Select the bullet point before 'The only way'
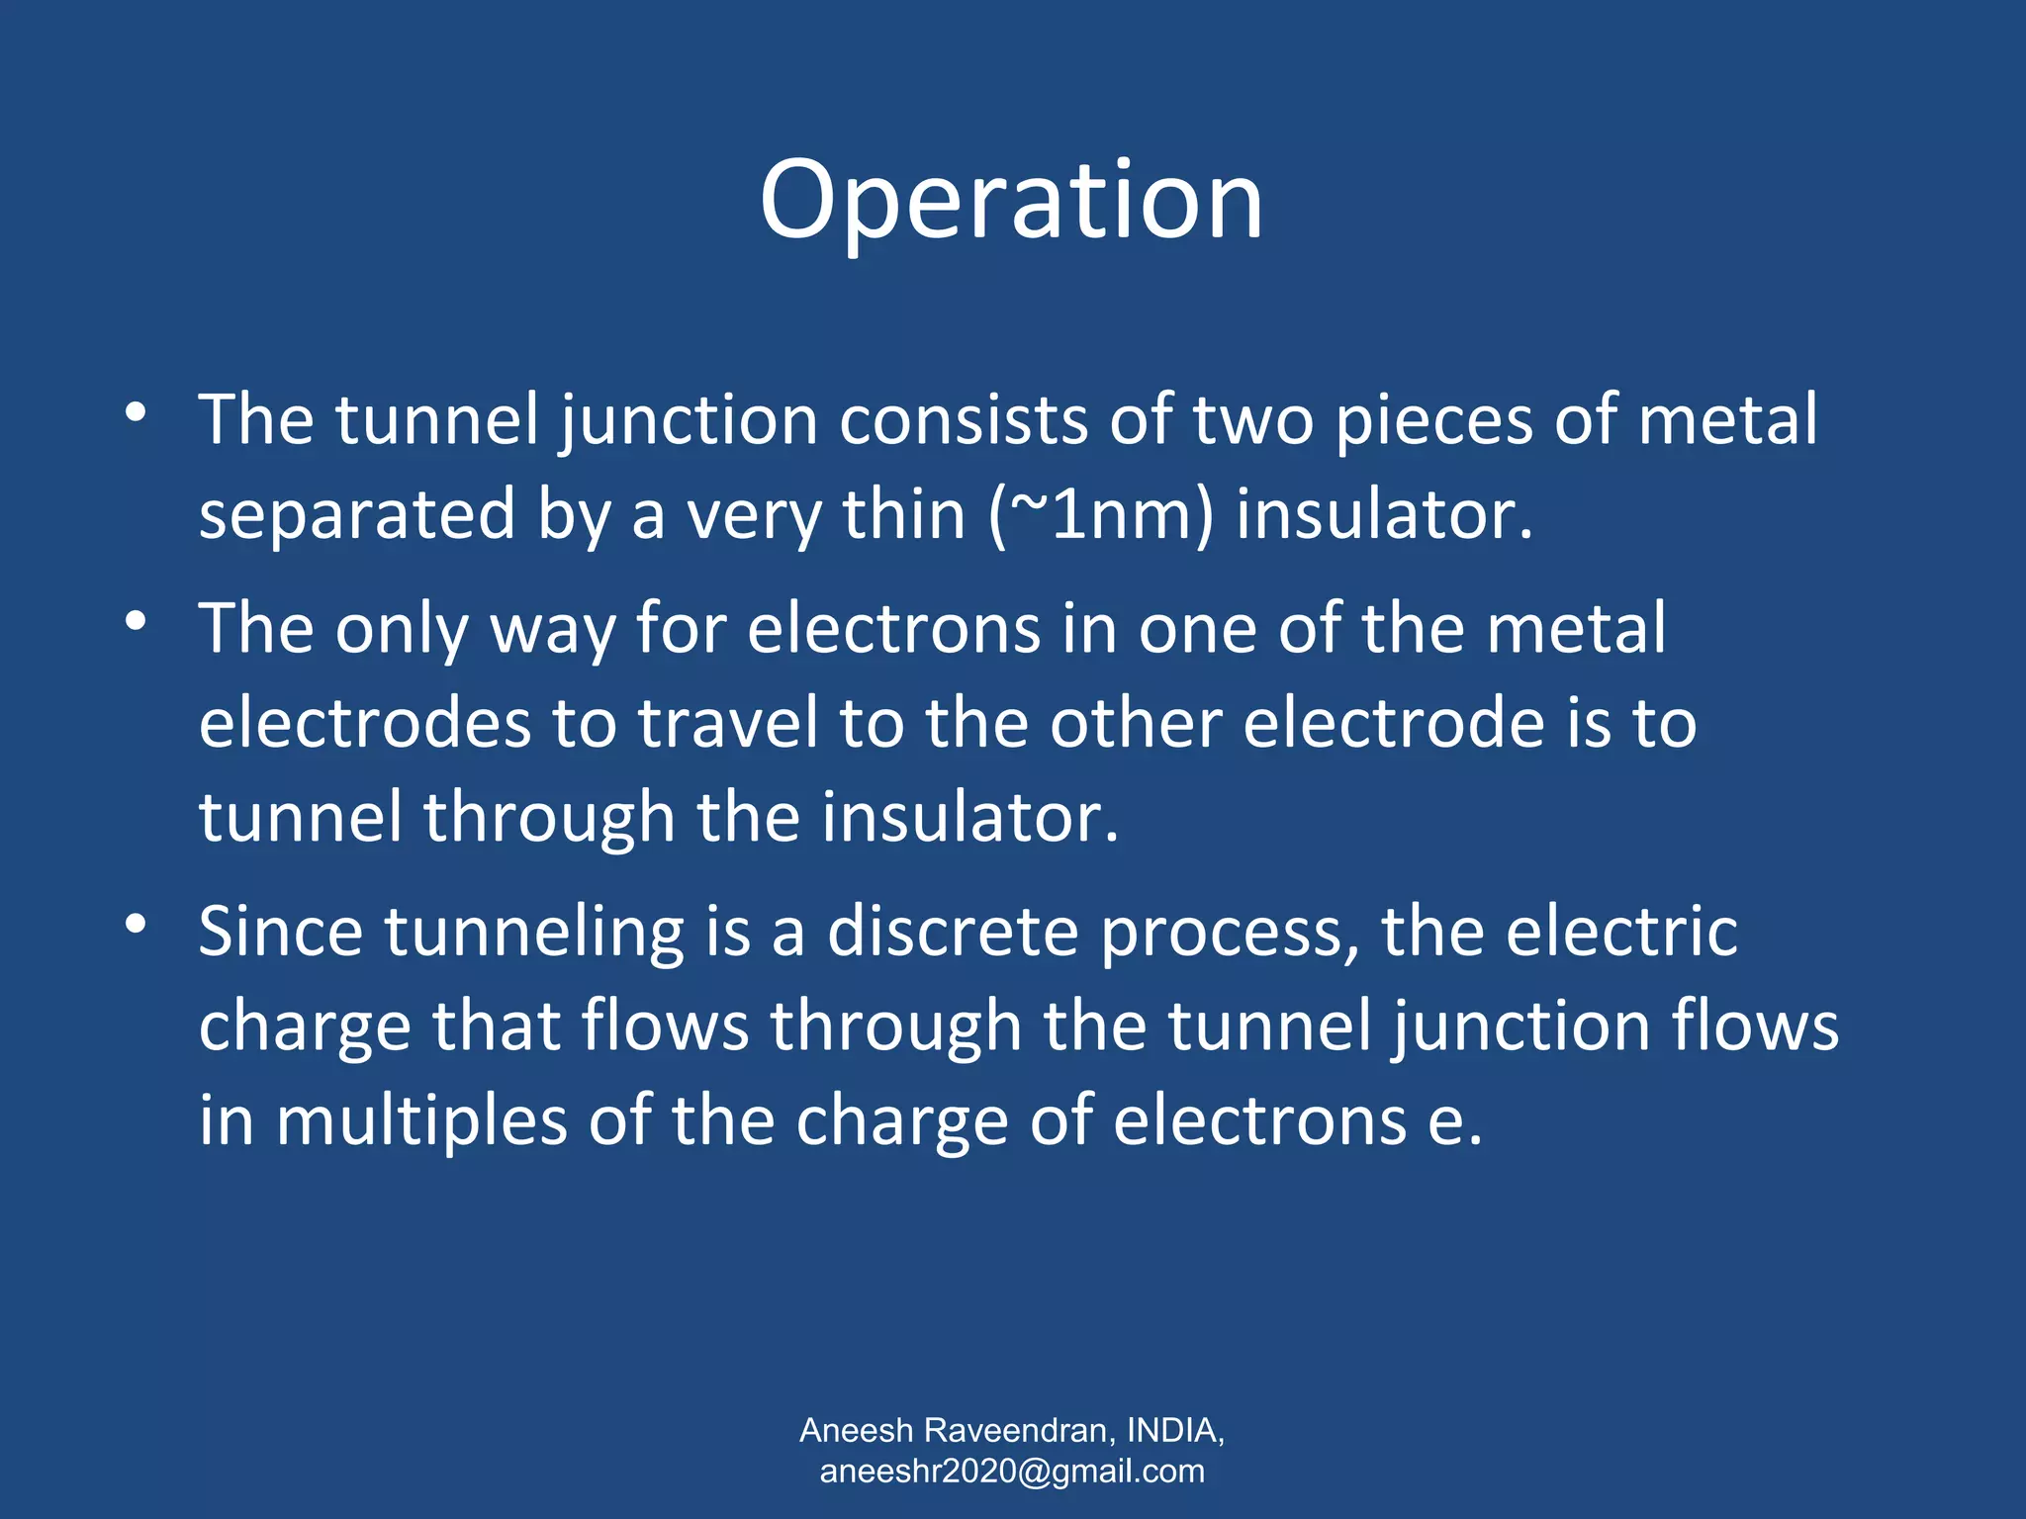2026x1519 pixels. point(137,620)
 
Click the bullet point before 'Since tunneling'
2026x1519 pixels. point(137,925)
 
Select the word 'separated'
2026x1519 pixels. point(357,515)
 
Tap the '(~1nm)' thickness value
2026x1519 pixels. point(1100,515)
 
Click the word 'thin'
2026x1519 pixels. point(903,515)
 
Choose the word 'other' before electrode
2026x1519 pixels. point(1136,723)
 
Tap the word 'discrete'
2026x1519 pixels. point(952,932)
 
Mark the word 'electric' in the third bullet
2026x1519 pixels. point(1622,932)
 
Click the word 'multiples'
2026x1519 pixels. point(421,1123)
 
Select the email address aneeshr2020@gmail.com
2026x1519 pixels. point(1012,1471)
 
